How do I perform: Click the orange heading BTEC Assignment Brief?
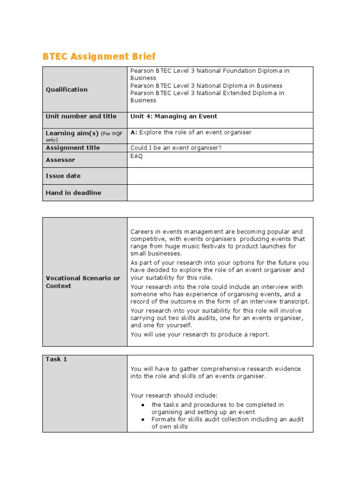[x=99, y=57]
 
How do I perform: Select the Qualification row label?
[x=67, y=90]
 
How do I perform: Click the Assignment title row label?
[x=73, y=148]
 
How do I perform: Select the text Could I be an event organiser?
[x=176, y=148]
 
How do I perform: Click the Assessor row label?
[x=60, y=160]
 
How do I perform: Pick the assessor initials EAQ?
[x=136, y=156]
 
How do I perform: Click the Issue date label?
[x=63, y=176]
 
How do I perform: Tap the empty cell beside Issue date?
[x=220, y=176]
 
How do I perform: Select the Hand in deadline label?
[x=73, y=193]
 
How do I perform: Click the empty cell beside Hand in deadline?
[x=220, y=193]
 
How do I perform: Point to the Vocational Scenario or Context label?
[x=83, y=282]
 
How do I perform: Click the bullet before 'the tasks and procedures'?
[x=142, y=405]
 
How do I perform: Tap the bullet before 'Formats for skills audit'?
[x=142, y=420]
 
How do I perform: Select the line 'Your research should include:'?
[x=174, y=395]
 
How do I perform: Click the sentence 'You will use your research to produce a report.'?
[x=200, y=334]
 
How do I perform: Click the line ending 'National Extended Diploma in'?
[x=207, y=93]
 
